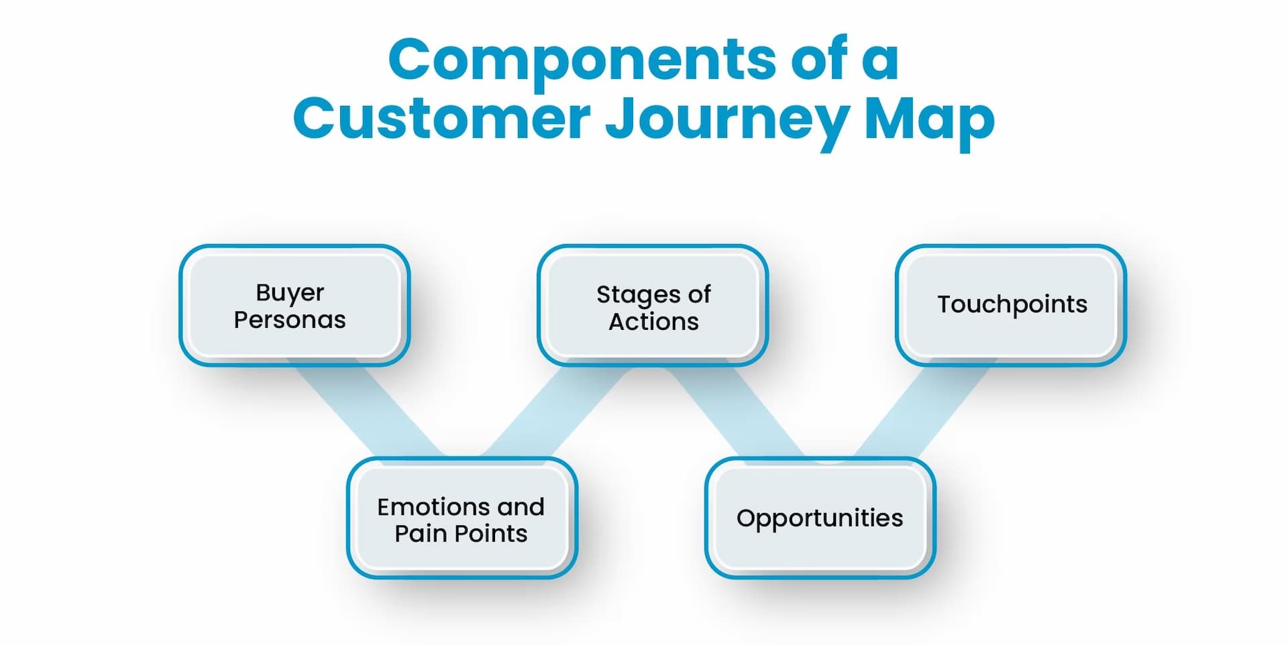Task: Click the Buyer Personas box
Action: (x=294, y=305)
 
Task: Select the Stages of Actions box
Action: (x=652, y=305)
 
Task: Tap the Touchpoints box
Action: (x=1010, y=305)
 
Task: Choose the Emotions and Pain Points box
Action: (x=462, y=518)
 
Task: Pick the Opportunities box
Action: (x=820, y=518)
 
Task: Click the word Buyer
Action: (x=290, y=293)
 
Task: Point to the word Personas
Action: (x=290, y=320)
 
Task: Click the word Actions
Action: (x=653, y=322)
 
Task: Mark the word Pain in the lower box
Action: (x=421, y=534)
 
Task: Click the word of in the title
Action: (x=819, y=60)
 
